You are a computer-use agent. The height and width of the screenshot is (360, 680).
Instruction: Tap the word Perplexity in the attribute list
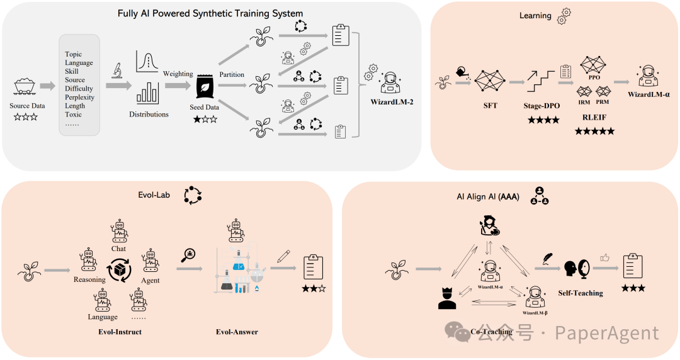coord(79,97)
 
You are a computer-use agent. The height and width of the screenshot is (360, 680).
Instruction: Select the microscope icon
coord(116,70)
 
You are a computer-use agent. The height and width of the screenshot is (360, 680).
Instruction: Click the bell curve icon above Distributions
coord(147,61)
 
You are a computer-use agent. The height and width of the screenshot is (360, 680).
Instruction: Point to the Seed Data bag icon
coord(205,87)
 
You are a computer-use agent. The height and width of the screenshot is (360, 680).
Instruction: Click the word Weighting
coord(178,74)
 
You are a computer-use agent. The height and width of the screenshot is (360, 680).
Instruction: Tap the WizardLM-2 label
coord(392,102)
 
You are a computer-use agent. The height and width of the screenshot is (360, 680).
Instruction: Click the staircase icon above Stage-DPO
coord(541,81)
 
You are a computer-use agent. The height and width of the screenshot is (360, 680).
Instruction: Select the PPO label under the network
coord(594,77)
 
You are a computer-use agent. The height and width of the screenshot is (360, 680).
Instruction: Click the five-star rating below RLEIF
coord(594,131)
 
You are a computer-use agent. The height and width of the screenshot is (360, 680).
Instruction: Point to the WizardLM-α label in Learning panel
coord(649,94)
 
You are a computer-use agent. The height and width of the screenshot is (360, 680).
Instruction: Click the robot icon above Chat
coord(119,231)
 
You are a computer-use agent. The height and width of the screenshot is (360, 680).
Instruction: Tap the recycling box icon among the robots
coord(119,270)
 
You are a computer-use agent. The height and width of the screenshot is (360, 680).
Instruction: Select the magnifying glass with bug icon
coord(188,255)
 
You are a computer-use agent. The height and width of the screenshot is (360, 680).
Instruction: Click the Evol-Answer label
coord(237,332)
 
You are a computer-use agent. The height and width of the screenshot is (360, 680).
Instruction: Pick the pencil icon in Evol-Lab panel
coord(283,256)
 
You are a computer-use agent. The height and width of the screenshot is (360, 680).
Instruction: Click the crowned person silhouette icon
coord(447,298)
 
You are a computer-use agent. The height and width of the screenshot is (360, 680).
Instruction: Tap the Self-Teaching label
coord(581,293)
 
